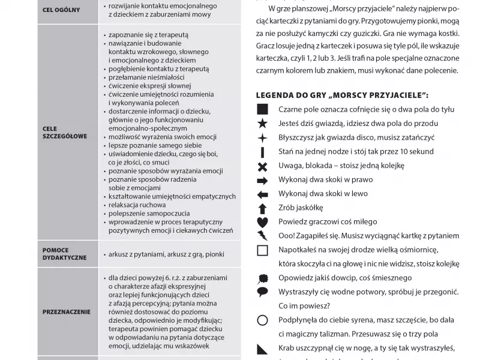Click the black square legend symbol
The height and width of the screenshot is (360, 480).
[262, 109]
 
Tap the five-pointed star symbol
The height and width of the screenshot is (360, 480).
[262, 124]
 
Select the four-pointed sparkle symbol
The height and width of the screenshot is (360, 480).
[262, 137]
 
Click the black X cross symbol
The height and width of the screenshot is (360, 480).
[262, 166]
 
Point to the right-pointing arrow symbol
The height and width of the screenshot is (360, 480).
[262, 180]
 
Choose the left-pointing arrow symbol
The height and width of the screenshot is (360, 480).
[262, 194]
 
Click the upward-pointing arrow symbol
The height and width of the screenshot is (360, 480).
[262, 208]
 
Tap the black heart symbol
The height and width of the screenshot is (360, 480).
[262, 222]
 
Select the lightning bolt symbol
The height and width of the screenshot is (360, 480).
[262, 236]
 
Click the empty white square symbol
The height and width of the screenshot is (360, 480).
[262, 250]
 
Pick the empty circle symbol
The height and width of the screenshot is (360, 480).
[262, 320]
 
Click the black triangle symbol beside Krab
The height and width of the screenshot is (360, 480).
[262, 349]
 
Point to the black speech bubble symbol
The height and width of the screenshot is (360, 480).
[262, 292]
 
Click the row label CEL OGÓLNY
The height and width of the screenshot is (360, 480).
[62, 10]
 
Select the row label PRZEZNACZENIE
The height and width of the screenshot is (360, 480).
[67, 311]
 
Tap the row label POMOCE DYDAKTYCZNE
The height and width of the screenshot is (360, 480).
[64, 253]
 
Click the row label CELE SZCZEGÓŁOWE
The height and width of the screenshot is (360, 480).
[64, 132]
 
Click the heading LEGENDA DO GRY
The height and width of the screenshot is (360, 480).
[342, 95]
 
